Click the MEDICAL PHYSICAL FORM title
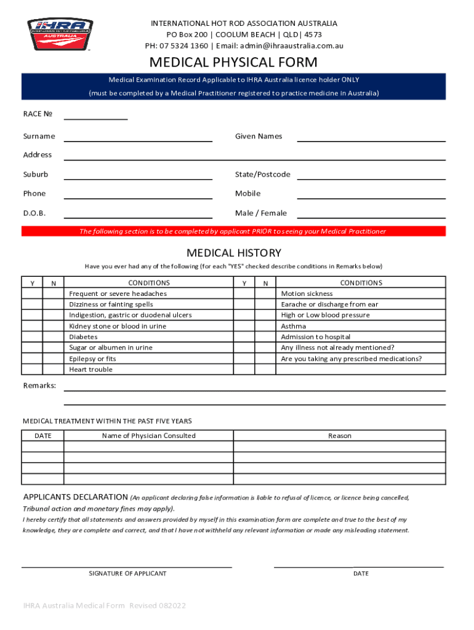click(x=233, y=62)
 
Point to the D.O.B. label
click(x=34, y=213)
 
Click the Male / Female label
click(x=260, y=213)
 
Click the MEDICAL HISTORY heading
click(x=233, y=253)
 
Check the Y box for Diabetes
click(x=32, y=337)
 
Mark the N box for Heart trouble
click(x=54, y=370)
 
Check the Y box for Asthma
click(x=244, y=326)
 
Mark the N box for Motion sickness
click(x=265, y=294)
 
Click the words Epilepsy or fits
click(x=92, y=359)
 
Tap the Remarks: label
click(x=39, y=385)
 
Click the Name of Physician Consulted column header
click(x=148, y=436)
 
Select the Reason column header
click(x=339, y=436)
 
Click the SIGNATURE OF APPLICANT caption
click(x=127, y=573)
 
